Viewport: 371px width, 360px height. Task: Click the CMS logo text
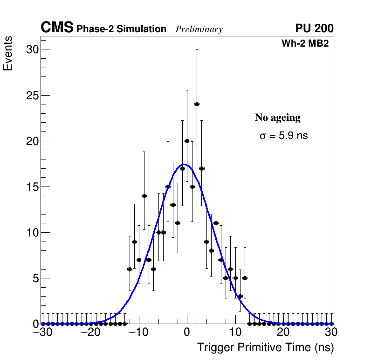click(x=57, y=28)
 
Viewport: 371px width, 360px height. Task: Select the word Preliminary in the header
click(x=199, y=29)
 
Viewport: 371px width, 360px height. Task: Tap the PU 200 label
click(x=314, y=28)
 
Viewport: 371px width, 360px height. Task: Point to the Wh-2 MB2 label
click(x=305, y=44)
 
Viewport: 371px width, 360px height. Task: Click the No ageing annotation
click(x=277, y=118)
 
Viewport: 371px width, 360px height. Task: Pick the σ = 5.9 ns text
click(x=283, y=136)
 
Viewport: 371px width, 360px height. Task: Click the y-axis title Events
click(x=8, y=55)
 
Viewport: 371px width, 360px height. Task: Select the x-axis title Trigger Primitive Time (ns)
click(x=265, y=347)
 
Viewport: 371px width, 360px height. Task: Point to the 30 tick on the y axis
click(x=31, y=49)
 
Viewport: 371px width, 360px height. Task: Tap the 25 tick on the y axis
click(x=31, y=95)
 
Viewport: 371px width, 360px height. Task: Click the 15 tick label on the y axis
click(x=31, y=187)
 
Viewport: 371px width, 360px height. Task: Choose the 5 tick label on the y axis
click(x=34, y=278)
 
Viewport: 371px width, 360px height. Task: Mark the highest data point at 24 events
click(x=197, y=104)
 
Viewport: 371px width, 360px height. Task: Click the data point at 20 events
click(x=187, y=141)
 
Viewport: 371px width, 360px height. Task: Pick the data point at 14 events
click(x=144, y=196)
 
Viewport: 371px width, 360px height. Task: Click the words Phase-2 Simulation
click(x=121, y=29)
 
